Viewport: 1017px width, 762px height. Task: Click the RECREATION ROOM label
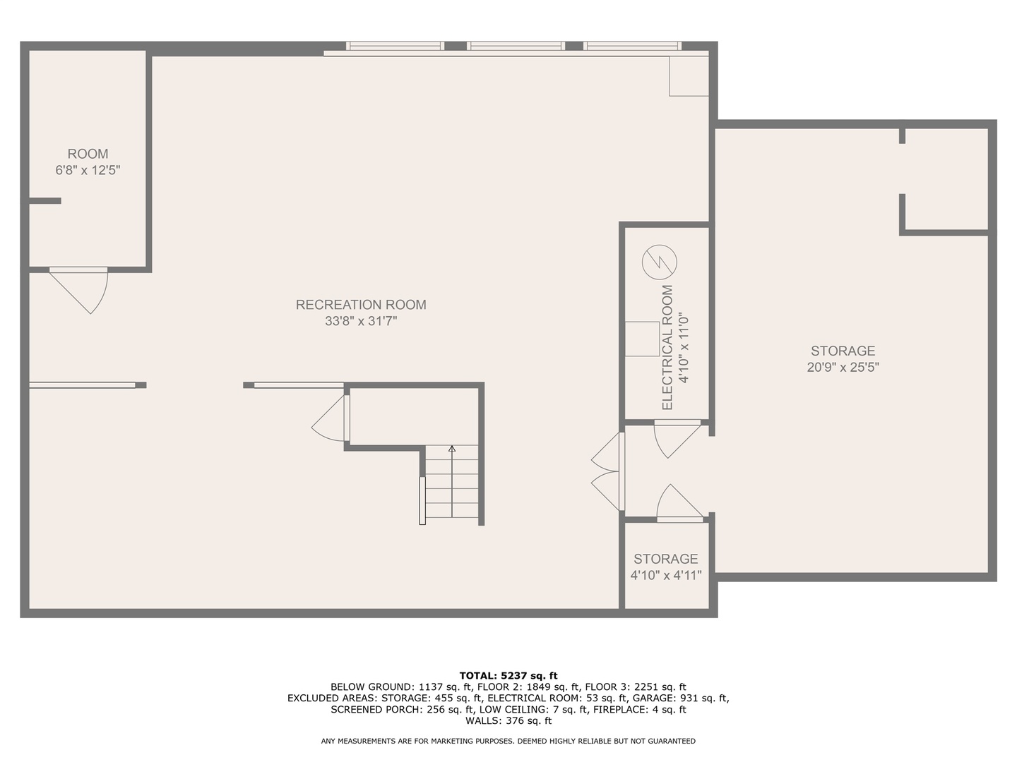tap(360, 304)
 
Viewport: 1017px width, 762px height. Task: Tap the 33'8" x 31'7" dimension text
tap(361, 320)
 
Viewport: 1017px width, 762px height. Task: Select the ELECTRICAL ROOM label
tap(667, 347)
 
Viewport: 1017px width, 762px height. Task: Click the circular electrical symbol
tap(659, 262)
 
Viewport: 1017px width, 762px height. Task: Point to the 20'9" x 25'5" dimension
tap(843, 367)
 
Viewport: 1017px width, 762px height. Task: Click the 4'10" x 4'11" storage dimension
tap(666, 575)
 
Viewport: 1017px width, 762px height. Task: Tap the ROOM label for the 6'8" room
tap(88, 154)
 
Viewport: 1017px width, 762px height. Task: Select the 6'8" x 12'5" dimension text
tap(88, 170)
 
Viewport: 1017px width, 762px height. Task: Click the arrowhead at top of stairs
tap(452, 448)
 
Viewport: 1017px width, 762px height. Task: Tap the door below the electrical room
tap(677, 439)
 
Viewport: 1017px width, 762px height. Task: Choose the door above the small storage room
tap(679, 503)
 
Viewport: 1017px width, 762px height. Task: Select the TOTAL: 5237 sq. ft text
tap(509, 676)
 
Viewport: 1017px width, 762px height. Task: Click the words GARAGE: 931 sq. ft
tap(681, 698)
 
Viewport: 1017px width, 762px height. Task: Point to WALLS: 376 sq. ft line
tap(509, 720)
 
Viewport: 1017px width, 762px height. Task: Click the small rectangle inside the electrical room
tap(642, 339)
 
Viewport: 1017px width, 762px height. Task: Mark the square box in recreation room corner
tap(689, 76)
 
